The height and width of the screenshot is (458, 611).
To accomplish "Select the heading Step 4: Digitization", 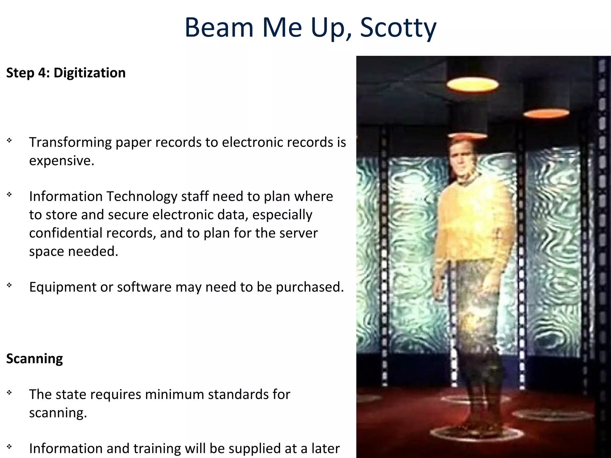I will [66, 73].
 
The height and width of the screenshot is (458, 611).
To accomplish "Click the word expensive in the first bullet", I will [61, 161].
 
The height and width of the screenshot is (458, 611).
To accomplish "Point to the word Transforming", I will [70, 142].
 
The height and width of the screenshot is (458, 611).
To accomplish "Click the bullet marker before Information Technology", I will [10, 195].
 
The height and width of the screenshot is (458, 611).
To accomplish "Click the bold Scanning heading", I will [35, 358].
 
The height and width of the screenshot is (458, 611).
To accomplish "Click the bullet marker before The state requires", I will [10, 393].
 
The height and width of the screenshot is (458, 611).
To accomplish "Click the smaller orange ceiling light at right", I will [546, 113].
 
